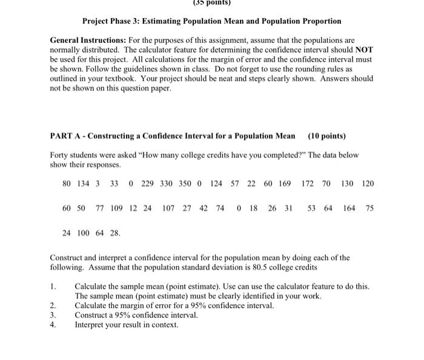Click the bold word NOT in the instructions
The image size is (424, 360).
click(x=365, y=50)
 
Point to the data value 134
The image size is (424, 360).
click(x=84, y=183)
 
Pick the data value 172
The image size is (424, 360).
click(x=308, y=183)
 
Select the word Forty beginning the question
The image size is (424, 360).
click(x=60, y=155)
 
